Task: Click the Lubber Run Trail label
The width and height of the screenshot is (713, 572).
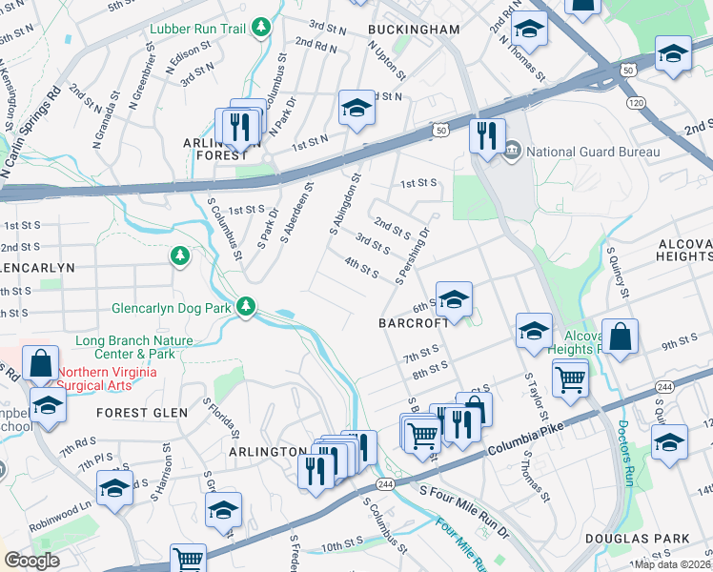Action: pos(197,29)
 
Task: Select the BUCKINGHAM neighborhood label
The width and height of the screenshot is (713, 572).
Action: pos(414,30)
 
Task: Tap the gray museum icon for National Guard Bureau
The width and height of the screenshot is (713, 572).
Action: pos(512,151)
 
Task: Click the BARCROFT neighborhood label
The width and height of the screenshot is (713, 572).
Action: pos(412,323)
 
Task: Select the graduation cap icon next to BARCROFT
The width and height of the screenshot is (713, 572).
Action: pos(455,299)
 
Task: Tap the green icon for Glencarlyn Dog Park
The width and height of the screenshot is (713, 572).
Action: pos(246,306)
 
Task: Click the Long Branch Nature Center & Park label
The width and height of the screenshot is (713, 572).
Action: pos(134,347)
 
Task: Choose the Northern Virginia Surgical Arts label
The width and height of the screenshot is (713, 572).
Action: pos(107,379)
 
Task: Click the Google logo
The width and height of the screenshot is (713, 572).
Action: pos(32,561)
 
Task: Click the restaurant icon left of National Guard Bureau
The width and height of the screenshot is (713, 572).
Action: pos(486,134)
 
